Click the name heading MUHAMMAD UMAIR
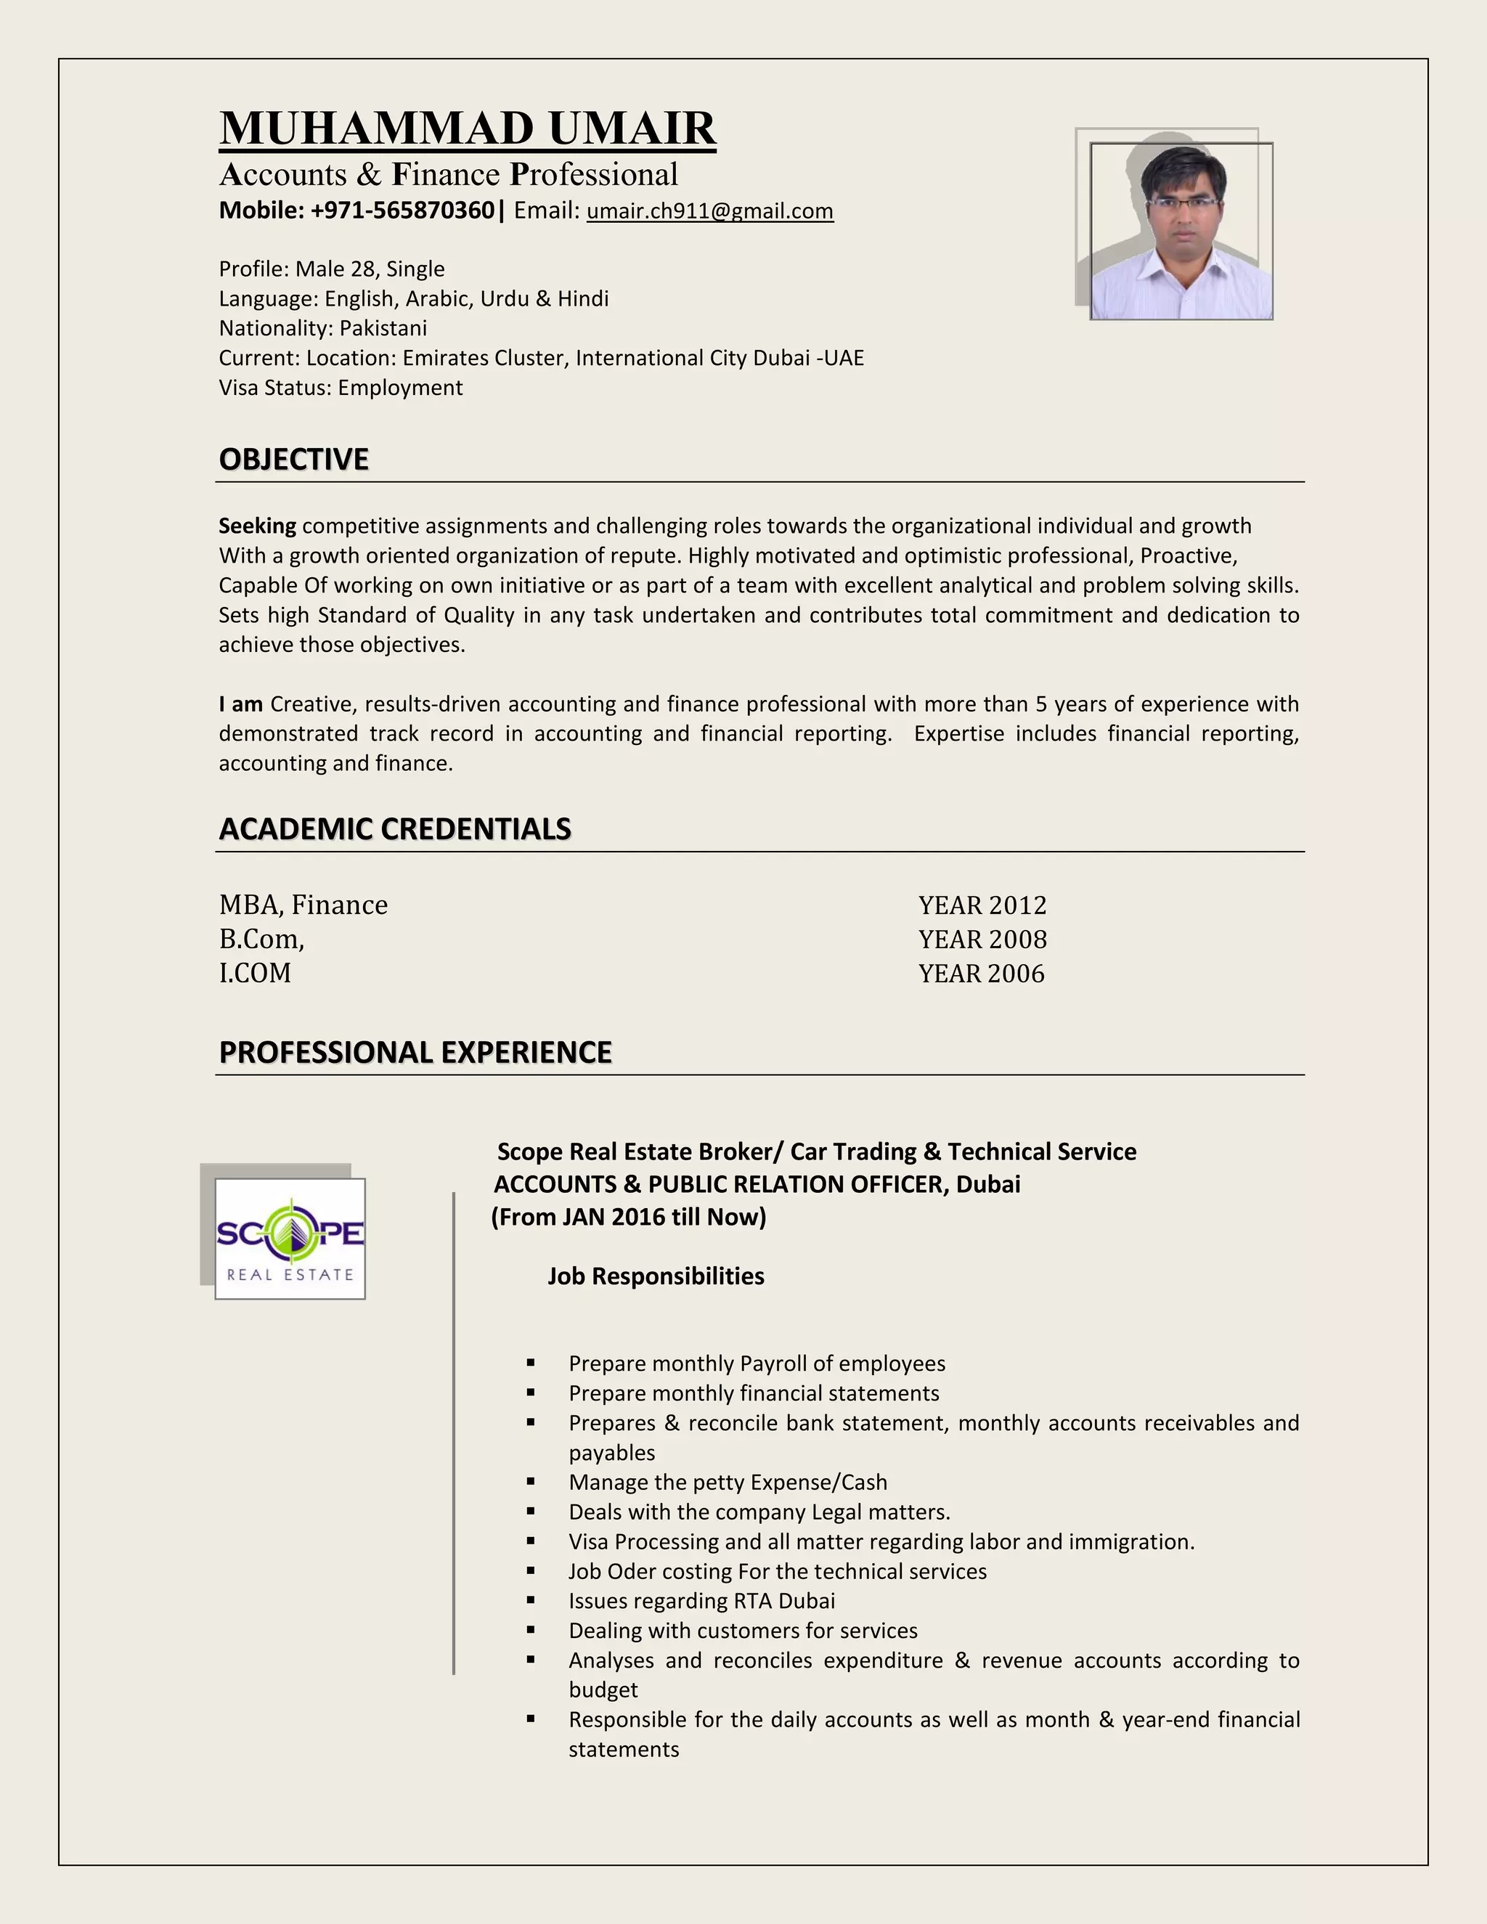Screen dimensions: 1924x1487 coord(467,129)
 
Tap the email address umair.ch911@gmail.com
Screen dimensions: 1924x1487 coord(709,211)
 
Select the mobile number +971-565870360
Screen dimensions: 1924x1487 coord(402,211)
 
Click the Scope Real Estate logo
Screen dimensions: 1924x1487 coord(290,1238)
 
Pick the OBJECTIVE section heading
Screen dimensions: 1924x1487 coord(293,460)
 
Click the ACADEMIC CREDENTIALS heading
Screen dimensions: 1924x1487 coord(395,829)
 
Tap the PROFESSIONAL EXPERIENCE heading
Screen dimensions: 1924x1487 coord(415,1052)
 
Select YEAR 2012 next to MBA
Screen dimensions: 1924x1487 coord(982,905)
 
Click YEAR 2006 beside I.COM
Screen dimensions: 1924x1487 coord(982,974)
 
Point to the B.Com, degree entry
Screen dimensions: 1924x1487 coord(261,940)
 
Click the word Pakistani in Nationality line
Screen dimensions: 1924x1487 coord(383,329)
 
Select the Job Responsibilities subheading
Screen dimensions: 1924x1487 coord(656,1276)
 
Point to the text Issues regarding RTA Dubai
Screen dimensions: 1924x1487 coord(701,1601)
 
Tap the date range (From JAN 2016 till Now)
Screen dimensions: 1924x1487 coord(628,1218)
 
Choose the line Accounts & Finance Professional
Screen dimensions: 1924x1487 coord(449,174)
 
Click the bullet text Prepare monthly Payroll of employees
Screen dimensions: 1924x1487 coord(757,1363)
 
